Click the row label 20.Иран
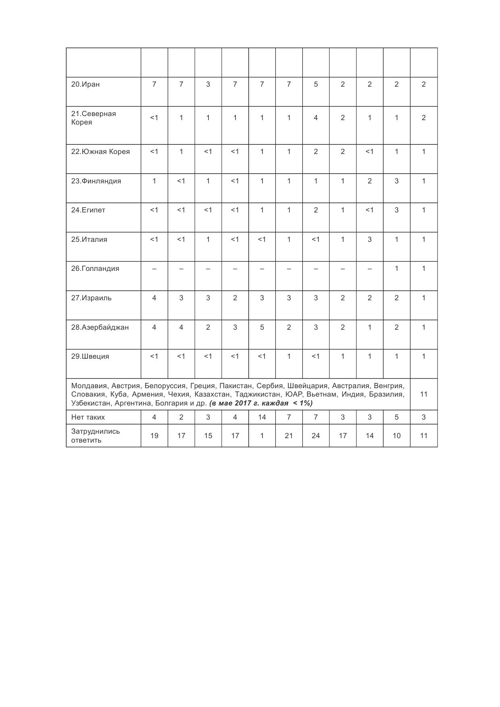tap(85, 84)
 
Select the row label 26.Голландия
tap(95, 268)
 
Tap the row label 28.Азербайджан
tap(100, 327)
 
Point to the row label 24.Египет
tap(88, 210)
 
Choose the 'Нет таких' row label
tap(88, 417)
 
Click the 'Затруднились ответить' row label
tap(96, 436)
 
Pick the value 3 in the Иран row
tap(208, 84)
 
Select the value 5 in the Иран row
tap(316, 84)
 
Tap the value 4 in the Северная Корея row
tap(316, 118)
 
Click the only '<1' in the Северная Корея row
tap(154, 118)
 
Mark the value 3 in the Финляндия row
tap(396, 181)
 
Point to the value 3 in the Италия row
tap(369, 239)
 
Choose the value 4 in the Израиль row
tap(154, 298)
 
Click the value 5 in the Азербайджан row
tap(262, 327)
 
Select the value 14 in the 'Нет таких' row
tap(262, 417)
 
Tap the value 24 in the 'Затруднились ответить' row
tap(316, 436)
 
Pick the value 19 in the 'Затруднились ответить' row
tap(154, 436)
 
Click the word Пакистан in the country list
tap(235, 386)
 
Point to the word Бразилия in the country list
tap(387, 394)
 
